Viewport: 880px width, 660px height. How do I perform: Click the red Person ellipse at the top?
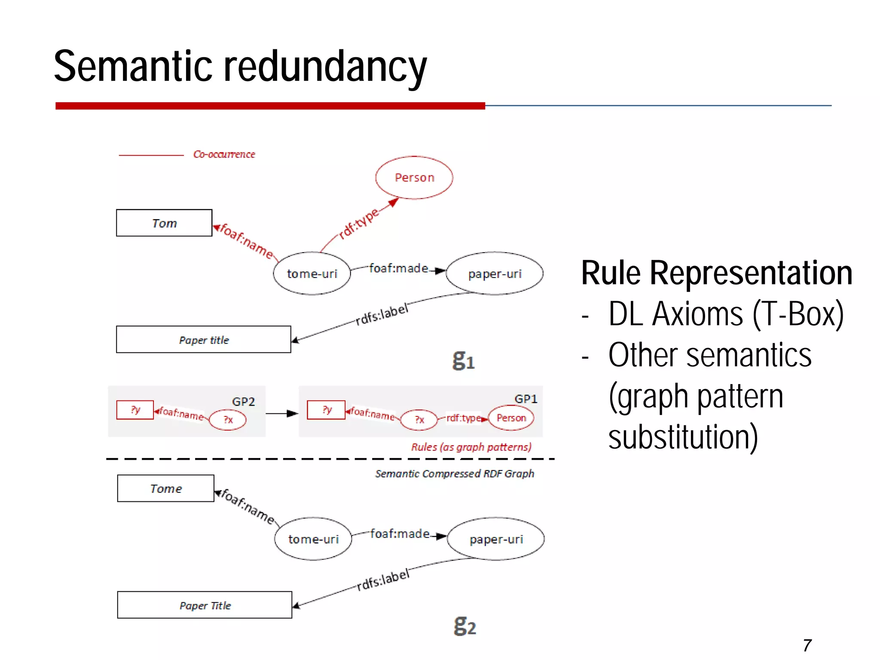coord(414,177)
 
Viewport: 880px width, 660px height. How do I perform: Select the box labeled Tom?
coord(164,223)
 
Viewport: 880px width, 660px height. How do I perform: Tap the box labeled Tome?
coord(166,489)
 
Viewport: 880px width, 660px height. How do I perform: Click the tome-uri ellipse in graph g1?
coord(312,274)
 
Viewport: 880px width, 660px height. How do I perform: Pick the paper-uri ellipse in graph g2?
coord(496,539)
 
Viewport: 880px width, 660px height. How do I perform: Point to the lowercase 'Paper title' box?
coord(204,340)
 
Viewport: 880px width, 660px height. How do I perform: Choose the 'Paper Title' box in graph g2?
coord(205,605)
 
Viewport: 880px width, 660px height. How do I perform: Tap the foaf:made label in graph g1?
coord(398,269)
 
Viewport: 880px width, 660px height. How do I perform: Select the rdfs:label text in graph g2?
coord(383,580)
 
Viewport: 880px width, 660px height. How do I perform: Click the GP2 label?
coord(243,402)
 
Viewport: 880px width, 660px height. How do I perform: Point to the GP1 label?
coord(526,399)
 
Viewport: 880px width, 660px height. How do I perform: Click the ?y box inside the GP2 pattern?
coord(135,410)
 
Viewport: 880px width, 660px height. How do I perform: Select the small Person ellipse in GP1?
coord(511,418)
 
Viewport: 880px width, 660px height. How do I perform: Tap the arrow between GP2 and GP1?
coord(282,414)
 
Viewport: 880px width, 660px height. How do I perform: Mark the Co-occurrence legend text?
coord(224,154)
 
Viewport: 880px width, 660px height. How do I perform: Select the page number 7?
coord(807,645)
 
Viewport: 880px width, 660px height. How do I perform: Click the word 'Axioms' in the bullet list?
coord(698,314)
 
